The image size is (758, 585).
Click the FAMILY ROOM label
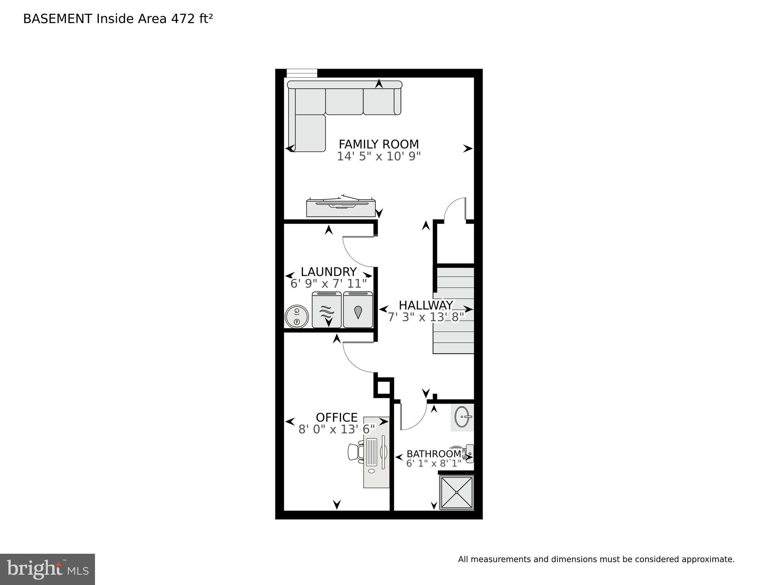point(378,144)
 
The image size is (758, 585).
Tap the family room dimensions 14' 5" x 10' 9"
point(378,157)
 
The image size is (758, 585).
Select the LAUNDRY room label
point(328,272)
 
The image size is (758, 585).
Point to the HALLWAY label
point(426,305)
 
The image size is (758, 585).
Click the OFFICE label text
point(336,417)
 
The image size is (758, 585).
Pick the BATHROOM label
point(434,454)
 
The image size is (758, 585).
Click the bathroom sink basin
point(463,417)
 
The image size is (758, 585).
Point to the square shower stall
point(457,492)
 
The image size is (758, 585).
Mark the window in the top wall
point(302,73)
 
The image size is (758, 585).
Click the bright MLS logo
point(47,569)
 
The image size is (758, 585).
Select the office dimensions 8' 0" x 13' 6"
point(336,430)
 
